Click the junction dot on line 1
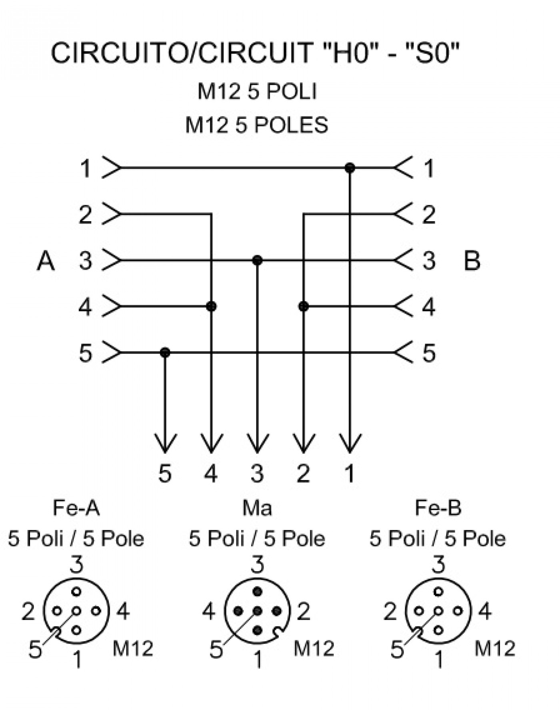(x=350, y=168)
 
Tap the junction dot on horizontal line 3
(x=257, y=260)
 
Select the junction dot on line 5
(x=165, y=352)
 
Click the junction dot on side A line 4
(x=211, y=306)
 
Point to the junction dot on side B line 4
(x=304, y=306)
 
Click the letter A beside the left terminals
(x=46, y=260)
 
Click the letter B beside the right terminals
(x=472, y=260)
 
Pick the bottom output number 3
(x=257, y=473)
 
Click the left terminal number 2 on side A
(x=85, y=214)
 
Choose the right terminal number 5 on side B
(x=429, y=353)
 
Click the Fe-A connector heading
(x=76, y=508)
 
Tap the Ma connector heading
(x=257, y=508)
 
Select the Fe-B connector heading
(x=438, y=508)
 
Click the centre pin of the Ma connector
(x=257, y=611)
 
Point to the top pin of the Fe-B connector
(x=438, y=592)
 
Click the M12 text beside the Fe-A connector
(x=133, y=648)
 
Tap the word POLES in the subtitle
(x=291, y=125)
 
